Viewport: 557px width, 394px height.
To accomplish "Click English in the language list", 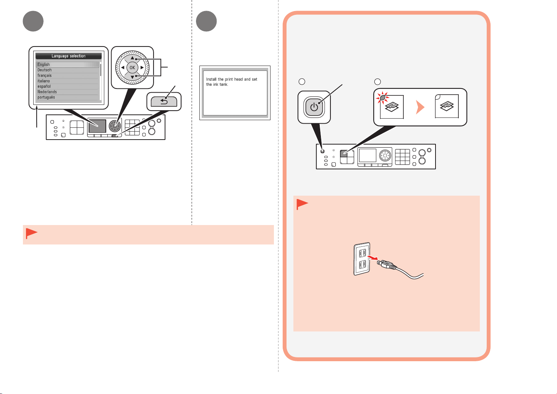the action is click(x=44, y=64).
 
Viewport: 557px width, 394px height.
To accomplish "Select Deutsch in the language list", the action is click(x=45, y=70).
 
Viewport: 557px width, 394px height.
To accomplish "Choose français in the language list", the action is click(x=45, y=76).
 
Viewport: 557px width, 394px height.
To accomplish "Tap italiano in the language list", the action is click(x=44, y=81).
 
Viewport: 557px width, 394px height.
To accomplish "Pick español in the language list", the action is click(x=44, y=87).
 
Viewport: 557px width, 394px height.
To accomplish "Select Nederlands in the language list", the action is click(x=47, y=92).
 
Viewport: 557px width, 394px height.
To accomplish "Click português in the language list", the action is click(x=46, y=97).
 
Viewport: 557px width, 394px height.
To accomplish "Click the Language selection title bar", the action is click(x=68, y=56).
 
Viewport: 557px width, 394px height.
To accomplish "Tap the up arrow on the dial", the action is click(x=132, y=58).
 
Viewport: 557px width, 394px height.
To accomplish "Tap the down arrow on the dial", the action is click(x=132, y=77).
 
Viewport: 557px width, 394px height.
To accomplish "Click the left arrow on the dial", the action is click(x=123, y=68).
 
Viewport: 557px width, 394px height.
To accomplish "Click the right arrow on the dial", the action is click(x=142, y=68).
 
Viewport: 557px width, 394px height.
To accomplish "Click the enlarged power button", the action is click(x=314, y=107).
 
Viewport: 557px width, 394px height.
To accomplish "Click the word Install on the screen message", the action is click(x=211, y=79).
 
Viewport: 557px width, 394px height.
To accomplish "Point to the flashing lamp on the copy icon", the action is click(x=383, y=98).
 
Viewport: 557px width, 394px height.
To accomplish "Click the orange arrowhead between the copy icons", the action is click(x=420, y=107).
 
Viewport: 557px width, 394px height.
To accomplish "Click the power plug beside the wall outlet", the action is click(x=387, y=265).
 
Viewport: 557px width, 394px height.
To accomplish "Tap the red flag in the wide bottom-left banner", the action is click(x=32, y=233).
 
